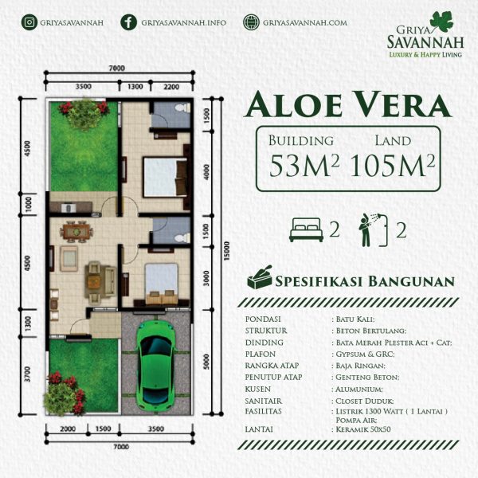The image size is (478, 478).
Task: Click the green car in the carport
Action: click(156, 365)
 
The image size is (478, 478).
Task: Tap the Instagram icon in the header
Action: click(29, 22)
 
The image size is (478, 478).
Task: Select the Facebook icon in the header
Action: click(128, 22)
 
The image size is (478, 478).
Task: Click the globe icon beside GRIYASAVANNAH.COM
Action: click(251, 22)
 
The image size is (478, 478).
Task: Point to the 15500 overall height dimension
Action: click(226, 251)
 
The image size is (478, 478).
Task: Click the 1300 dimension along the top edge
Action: click(135, 87)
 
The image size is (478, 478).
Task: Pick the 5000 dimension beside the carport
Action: click(206, 362)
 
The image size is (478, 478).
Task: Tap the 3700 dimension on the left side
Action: click(27, 374)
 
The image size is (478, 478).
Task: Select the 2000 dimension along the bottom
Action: click(68, 429)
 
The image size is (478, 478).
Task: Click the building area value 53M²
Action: click(304, 165)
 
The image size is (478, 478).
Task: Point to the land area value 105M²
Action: click(392, 165)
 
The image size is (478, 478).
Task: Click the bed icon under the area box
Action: click(306, 230)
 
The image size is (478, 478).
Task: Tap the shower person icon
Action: click(373, 230)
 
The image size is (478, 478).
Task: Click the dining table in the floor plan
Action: click(76, 232)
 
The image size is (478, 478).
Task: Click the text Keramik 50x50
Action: click(363, 429)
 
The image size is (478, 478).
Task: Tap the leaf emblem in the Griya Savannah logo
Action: click(441, 22)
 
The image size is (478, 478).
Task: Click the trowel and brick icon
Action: click(260, 277)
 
